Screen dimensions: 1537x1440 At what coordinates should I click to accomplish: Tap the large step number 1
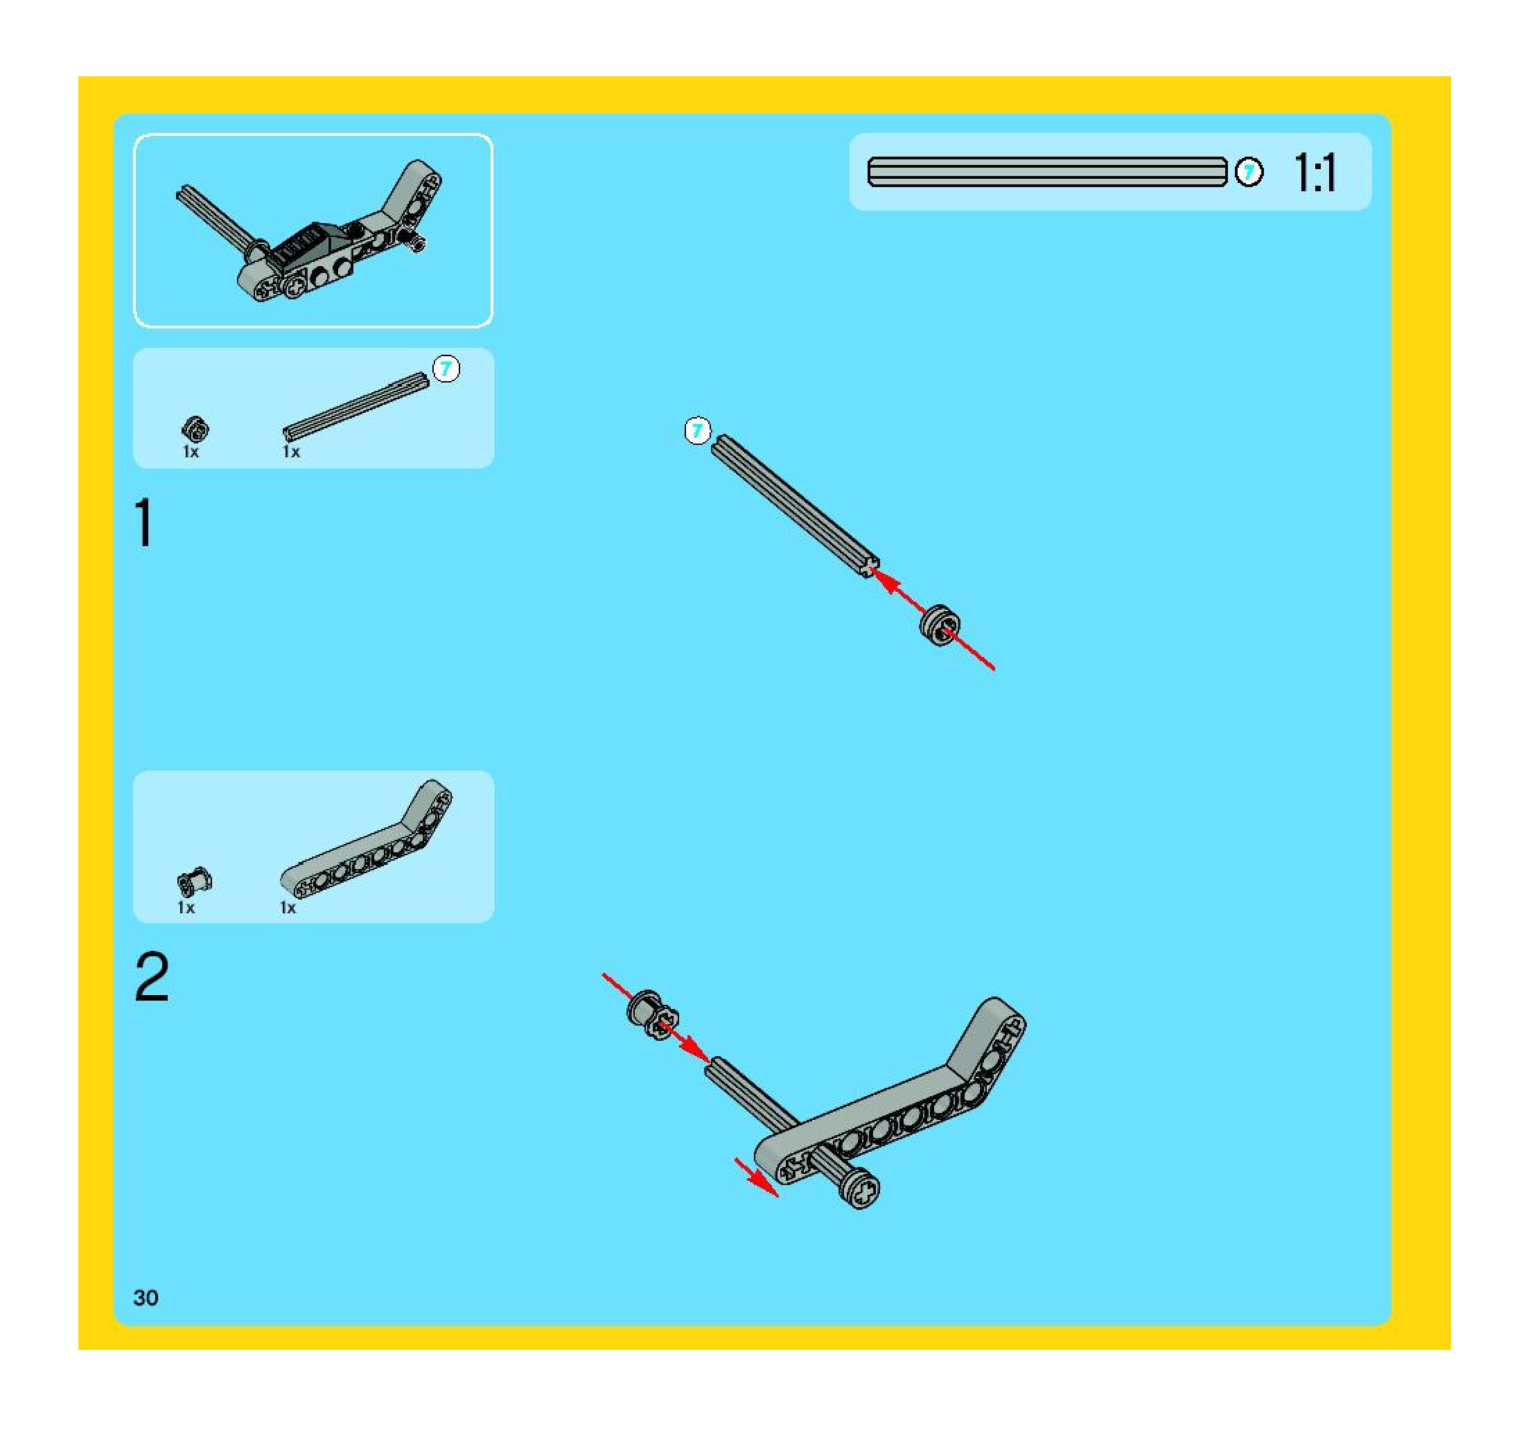point(144,523)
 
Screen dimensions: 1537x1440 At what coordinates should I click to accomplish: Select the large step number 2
point(152,977)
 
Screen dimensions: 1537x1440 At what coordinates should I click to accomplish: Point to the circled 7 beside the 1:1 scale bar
point(1249,172)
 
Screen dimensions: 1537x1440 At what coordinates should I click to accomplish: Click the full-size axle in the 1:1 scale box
point(1047,172)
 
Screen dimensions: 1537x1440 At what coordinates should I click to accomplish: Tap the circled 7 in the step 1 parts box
point(446,369)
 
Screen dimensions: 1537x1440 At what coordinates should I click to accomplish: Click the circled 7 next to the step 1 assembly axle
point(697,431)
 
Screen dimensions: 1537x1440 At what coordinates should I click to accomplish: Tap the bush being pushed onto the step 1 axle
point(940,624)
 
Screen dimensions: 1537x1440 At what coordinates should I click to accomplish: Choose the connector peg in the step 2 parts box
point(195,881)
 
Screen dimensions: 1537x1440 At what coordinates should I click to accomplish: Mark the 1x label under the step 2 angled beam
point(288,907)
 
